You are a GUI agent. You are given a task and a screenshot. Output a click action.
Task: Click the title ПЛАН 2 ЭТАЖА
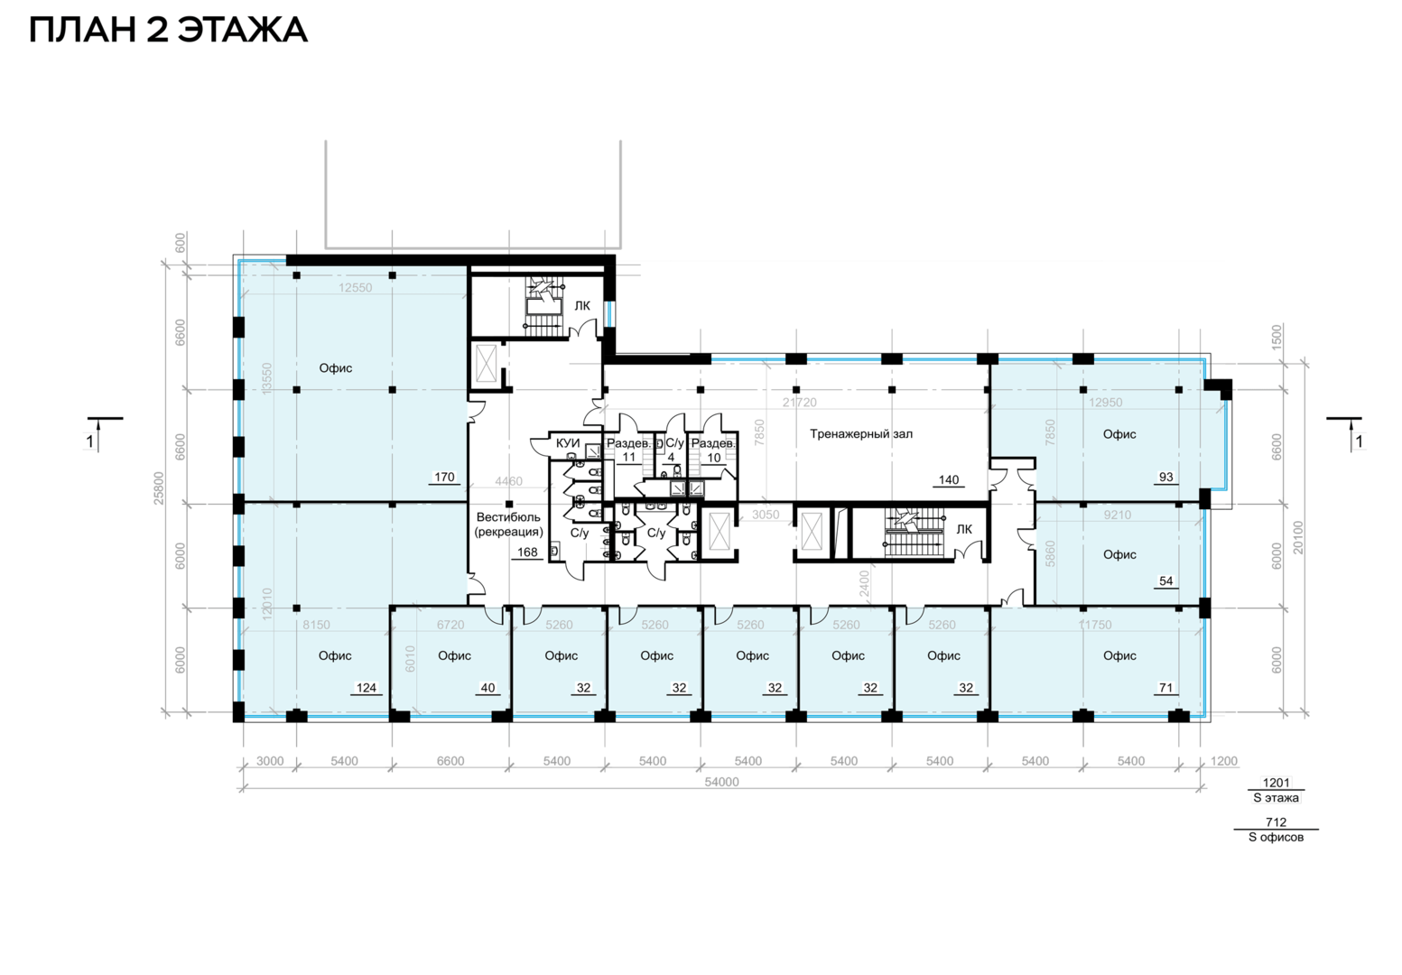[168, 30]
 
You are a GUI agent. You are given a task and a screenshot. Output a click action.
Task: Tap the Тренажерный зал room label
[861, 433]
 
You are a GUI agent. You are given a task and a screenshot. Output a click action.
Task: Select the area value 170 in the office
[444, 477]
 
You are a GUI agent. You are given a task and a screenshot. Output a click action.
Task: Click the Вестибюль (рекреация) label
[508, 525]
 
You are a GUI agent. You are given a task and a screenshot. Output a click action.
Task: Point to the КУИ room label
[568, 443]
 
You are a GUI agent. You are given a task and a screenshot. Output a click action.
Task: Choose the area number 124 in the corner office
[367, 688]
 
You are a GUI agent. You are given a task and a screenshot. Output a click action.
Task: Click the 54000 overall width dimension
[721, 782]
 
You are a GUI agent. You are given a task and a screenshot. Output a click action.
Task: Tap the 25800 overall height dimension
[159, 487]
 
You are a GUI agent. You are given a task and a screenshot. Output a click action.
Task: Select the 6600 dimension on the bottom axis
[450, 761]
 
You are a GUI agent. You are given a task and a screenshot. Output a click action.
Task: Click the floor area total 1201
[1277, 782]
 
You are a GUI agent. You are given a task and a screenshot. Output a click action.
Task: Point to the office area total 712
[1277, 822]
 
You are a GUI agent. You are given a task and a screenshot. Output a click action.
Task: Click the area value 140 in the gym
[949, 480]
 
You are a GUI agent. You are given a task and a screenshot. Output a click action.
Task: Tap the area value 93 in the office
[1166, 477]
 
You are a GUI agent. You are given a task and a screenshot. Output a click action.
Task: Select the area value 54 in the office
[1166, 580]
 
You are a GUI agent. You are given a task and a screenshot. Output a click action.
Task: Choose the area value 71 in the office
[1166, 688]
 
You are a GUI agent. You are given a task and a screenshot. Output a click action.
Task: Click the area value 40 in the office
[487, 688]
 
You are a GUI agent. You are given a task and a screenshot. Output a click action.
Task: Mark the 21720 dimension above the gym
[800, 403]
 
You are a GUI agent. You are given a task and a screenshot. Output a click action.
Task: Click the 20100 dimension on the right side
[1298, 537]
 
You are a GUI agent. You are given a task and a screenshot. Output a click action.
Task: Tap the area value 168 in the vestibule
[527, 552]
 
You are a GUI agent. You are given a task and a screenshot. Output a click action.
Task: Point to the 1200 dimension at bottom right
[1224, 761]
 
